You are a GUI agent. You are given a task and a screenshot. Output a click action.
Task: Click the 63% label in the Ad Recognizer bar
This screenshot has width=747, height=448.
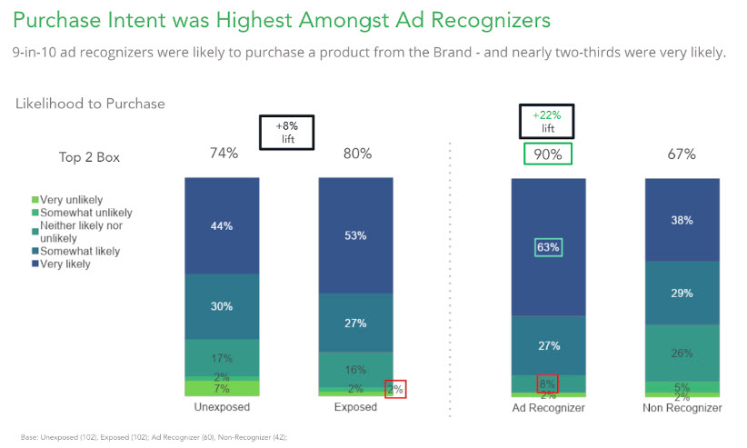[x=548, y=247]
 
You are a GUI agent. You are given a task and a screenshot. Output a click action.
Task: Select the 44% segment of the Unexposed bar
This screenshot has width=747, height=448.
[x=222, y=225]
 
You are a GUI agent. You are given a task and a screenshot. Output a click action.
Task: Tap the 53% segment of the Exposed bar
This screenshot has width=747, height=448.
[x=355, y=236]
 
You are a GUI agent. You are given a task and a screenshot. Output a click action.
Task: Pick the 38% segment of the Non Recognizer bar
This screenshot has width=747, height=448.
[x=682, y=220]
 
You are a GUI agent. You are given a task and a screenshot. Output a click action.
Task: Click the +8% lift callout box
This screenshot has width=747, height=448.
[x=287, y=133]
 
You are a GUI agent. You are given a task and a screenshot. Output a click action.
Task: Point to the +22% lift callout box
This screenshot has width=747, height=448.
[x=548, y=122]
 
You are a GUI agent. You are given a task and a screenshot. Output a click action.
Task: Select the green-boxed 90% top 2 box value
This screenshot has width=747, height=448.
[x=548, y=154]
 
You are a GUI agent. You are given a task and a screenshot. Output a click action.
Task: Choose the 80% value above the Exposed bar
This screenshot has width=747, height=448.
[x=355, y=154]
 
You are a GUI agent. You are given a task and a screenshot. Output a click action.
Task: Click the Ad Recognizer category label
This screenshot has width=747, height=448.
[x=548, y=408]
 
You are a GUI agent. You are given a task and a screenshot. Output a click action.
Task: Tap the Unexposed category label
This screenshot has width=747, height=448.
[x=222, y=407]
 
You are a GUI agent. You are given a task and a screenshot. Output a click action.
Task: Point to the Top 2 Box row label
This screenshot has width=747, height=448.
[x=89, y=157]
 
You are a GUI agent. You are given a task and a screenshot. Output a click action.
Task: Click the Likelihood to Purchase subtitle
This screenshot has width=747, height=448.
[x=90, y=104]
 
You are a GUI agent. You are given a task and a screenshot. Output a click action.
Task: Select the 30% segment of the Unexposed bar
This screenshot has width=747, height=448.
[x=222, y=306]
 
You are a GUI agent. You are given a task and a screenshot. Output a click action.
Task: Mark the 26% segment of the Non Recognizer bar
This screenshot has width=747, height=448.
[x=682, y=353]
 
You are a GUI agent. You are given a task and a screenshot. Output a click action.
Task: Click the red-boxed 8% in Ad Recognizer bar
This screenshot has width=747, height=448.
[x=548, y=383]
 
